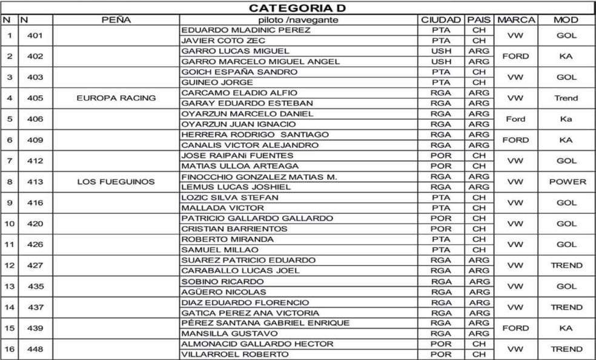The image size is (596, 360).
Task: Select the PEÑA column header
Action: point(116,19)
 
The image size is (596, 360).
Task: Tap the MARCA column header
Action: point(515,19)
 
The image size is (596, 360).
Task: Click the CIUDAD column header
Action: point(441,19)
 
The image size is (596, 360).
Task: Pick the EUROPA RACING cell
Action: point(116,98)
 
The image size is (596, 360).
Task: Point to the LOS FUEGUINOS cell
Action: point(116,181)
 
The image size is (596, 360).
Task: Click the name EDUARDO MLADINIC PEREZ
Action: point(246,30)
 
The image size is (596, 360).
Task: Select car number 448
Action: point(35,349)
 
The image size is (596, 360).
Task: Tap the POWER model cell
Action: point(567,181)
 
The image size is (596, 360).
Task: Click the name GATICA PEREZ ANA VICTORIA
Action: point(251,313)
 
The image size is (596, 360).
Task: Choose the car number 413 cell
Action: point(35,181)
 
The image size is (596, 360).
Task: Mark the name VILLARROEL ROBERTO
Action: point(236,355)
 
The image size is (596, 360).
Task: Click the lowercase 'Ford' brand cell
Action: point(515,119)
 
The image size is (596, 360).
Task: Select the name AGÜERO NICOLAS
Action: point(224,292)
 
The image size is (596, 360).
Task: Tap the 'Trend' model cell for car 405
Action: point(566,98)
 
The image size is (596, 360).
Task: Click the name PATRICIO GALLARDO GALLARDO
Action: point(257,218)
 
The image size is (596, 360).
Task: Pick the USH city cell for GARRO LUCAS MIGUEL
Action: point(441,51)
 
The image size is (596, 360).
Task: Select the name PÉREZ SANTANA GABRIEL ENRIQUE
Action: point(266,323)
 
